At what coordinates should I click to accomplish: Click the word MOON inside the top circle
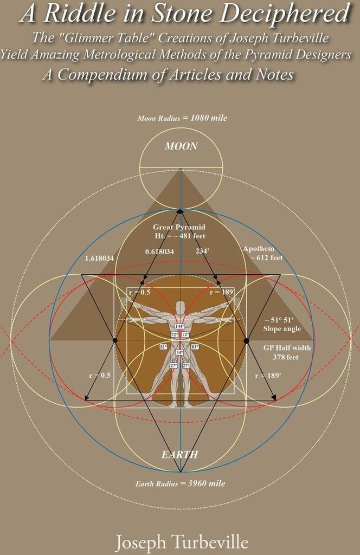click(x=181, y=146)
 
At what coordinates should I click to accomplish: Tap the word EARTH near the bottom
click(x=180, y=455)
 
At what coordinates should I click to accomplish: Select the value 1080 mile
click(x=209, y=118)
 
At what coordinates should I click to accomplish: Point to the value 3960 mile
click(x=207, y=483)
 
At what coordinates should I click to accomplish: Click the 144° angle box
click(x=180, y=326)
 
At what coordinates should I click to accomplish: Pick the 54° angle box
click(x=179, y=352)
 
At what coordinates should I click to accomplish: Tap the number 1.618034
click(x=99, y=258)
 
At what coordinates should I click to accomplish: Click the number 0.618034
click(x=159, y=251)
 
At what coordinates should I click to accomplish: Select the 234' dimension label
click(x=202, y=251)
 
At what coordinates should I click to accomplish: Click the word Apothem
click(x=259, y=248)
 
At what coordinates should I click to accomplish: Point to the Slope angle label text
click(x=282, y=329)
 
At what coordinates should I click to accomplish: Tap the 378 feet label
click(x=286, y=357)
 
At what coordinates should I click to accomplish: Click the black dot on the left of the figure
click(x=115, y=340)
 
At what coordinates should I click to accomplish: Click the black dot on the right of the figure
click(x=246, y=340)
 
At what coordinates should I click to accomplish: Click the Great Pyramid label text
click(x=179, y=227)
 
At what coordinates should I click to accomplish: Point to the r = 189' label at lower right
click(x=268, y=376)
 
